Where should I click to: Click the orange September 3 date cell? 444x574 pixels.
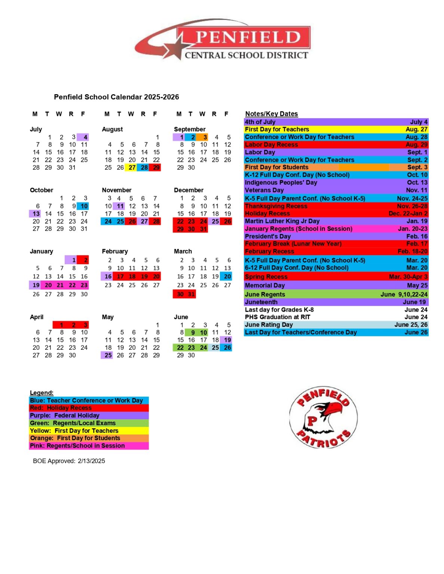coord(204,137)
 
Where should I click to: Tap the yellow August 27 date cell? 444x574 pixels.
coord(132,167)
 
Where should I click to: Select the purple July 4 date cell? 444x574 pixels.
coord(84,137)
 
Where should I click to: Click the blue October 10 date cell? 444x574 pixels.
coord(83,206)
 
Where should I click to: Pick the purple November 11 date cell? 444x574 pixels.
coord(120,206)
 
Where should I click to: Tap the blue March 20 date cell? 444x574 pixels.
coord(227,277)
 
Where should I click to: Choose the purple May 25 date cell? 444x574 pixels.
coord(107,355)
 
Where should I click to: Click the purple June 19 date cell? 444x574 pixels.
coord(227,340)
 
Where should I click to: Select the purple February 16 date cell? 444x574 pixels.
coord(107,277)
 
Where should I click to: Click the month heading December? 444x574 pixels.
coord(189,190)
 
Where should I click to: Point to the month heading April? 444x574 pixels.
coord(37,317)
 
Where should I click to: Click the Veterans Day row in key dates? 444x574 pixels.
coord(336,190)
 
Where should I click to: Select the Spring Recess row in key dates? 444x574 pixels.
coord(336,277)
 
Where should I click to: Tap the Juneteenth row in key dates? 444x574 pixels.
coord(336,302)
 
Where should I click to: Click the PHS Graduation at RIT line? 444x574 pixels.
coord(336,317)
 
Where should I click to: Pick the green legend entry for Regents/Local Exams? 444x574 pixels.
coord(89,423)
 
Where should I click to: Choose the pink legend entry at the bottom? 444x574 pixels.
coord(89,445)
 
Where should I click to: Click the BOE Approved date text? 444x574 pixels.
coord(69,461)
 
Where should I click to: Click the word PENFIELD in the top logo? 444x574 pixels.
coord(248,37)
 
